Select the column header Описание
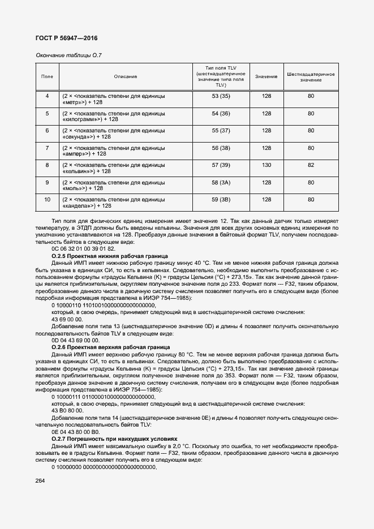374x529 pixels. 125,76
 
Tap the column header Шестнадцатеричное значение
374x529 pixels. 311,76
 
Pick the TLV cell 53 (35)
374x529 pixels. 221,96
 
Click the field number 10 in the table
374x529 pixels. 48,199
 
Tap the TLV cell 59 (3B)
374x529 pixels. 221,199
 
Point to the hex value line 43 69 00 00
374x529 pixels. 67,319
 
